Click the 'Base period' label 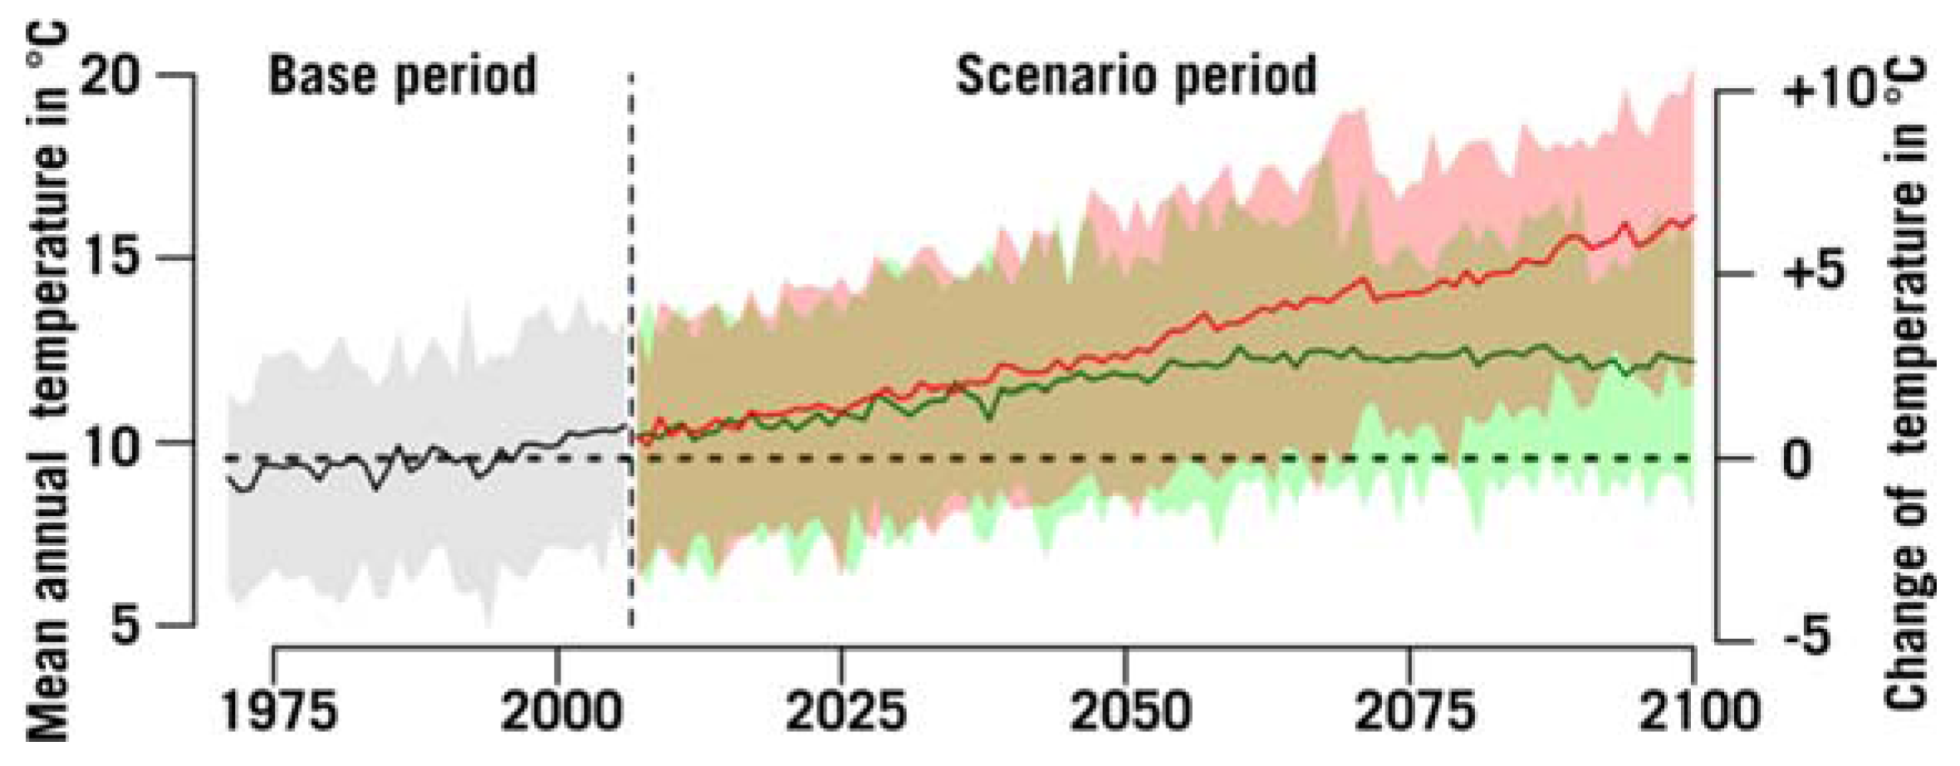tap(402, 76)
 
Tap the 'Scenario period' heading tap(1136, 76)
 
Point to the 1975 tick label tap(280, 713)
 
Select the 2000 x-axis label tap(561, 713)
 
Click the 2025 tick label tap(845, 713)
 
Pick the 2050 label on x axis tap(1130, 713)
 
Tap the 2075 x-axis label tap(1414, 713)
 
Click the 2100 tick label tap(1699, 713)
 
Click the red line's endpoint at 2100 tap(1693, 216)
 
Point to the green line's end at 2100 tap(1693, 361)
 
